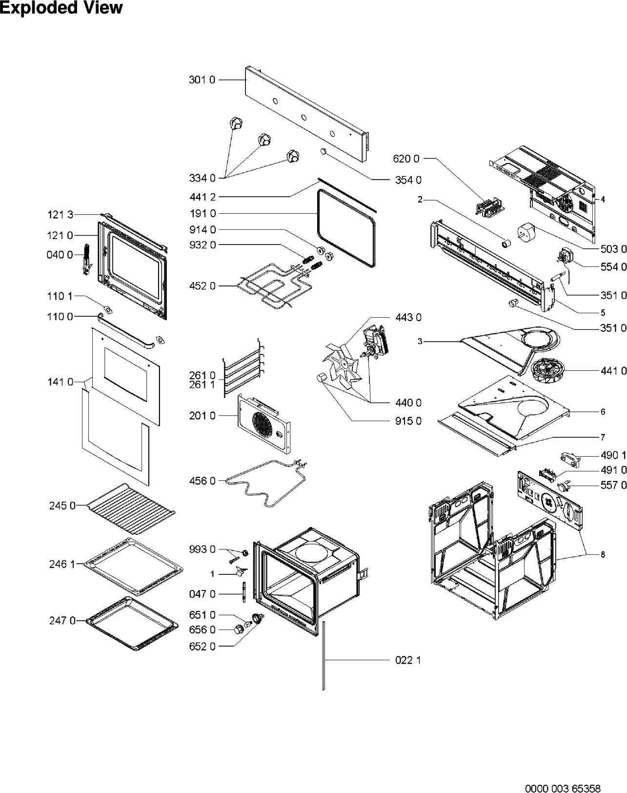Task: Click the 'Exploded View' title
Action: pyautogui.click(x=61, y=8)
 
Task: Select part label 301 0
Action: pyautogui.click(x=202, y=80)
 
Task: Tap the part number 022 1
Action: pyautogui.click(x=408, y=660)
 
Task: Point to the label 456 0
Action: pyautogui.click(x=202, y=481)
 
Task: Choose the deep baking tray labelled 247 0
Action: pyautogui.click(x=131, y=623)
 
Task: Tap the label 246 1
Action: pyautogui.click(x=62, y=564)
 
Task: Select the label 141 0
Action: pyautogui.click(x=61, y=382)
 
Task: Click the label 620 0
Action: pyautogui.click(x=406, y=159)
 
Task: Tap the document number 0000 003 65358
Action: pyautogui.click(x=563, y=774)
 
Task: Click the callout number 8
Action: pyautogui.click(x=603, y=554)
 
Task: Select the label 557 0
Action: pyautogui.click(x=613, y=485)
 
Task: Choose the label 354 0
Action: pyautogui.click(x=408, y=180)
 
